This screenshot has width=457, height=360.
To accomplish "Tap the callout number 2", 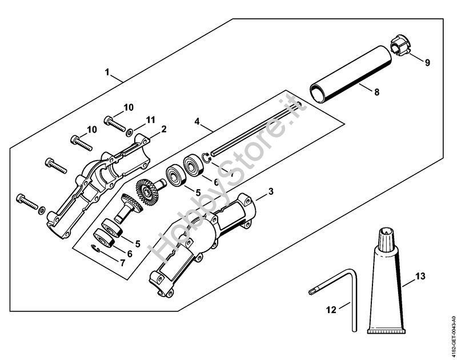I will tap(164, 129).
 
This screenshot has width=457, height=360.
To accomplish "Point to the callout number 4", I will tap(197, 121).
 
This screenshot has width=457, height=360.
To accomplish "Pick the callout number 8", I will tap(376, 91).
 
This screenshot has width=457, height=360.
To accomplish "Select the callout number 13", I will tap(420, 277).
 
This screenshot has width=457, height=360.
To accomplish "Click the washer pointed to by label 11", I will tap(131, 131).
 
